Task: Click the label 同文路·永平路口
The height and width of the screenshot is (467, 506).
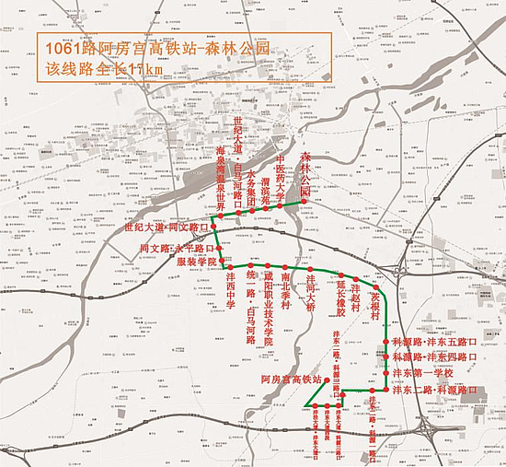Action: [x=175, y=249]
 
